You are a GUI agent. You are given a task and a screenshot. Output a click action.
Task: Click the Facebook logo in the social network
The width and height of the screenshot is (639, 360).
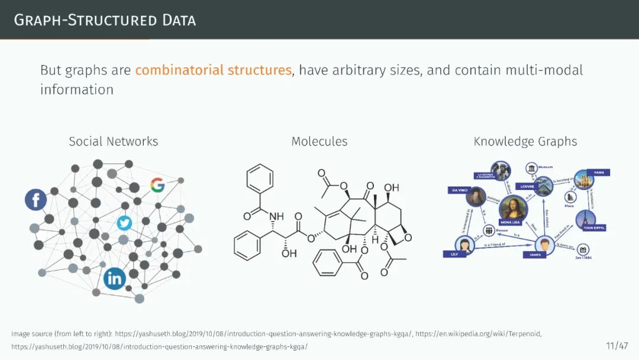pyautogui.click(x=35, y=200)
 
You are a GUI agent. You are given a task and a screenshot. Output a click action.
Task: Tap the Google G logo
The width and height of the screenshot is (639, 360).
pyautogui.click(x=157, y=185)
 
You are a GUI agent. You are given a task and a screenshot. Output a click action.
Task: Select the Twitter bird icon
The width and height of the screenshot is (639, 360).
pyautogui.click(x=124, y=223)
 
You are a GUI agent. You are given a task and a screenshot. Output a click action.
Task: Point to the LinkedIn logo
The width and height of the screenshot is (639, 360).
pyautogui.click(x=114, y=278)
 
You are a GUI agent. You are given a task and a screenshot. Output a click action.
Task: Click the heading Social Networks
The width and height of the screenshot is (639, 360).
pyautogui.click(x=113, y=142)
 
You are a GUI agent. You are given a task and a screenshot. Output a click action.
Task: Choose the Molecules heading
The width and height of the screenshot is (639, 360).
pyautogui.click(x=319, y=142)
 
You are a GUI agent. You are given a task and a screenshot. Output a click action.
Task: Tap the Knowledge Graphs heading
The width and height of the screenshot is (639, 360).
pyautogui.click(x=525, y=142)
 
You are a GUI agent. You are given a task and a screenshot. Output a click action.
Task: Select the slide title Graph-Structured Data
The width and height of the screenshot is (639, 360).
pyautogui.click(x=105, y=20)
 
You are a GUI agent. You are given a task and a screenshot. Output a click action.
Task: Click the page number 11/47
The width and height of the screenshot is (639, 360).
pyautogui.click(x=617, y=345)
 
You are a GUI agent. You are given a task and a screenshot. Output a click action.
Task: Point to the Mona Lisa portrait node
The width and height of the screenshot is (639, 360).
pyautogui.click(x=512, y=209)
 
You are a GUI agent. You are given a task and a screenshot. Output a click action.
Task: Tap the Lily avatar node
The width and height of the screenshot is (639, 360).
pyautogui.click(x=464, y=244)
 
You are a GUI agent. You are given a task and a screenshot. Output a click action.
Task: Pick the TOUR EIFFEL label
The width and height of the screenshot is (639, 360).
pyautogui.click(x=593, y=228)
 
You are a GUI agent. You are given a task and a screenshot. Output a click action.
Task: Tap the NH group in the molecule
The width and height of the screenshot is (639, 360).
pyautogui.click(x=276, y=217)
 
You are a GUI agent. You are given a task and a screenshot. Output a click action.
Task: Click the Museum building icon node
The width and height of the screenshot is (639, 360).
pyautogui.click(x=531, y=168)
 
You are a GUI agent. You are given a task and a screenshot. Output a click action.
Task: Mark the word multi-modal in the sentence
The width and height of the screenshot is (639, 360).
pyautogui.click(x=544, y=70)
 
